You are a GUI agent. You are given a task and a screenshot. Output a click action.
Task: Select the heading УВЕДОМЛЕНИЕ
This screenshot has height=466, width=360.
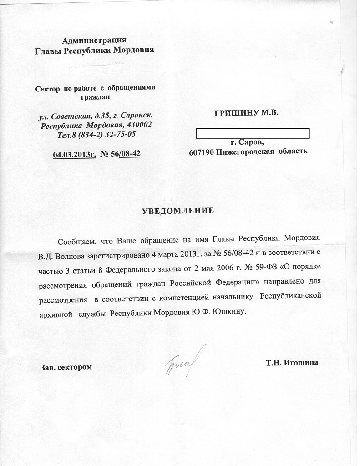(178, 211)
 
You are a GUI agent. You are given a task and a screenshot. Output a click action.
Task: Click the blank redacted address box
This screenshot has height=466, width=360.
(252, 133)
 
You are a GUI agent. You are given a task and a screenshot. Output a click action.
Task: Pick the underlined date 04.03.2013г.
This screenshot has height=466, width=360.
(74, 154)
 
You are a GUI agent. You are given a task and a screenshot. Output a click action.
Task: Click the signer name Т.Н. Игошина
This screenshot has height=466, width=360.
(292, 363)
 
